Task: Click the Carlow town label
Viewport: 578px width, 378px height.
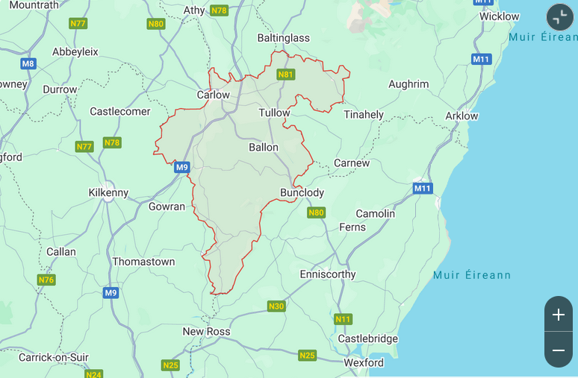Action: (213, 95)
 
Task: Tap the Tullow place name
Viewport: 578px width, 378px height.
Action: (273, 113)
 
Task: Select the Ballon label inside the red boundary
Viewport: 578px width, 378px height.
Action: (264, 148)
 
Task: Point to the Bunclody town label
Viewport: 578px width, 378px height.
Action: (302, 192)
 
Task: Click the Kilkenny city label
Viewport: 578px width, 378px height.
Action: (108, 192)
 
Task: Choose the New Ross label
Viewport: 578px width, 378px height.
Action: (206, 331)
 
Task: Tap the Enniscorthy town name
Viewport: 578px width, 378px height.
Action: (328, 274)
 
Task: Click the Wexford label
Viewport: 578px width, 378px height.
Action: (364, 362)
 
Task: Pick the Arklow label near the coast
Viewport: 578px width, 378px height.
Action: (462, 116)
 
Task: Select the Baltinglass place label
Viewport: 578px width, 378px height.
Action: (283, 37)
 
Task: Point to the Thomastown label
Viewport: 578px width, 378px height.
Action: (143, 262)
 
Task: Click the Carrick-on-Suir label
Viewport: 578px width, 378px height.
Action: (54, 357)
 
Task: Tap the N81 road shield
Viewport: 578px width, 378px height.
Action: (285, 75)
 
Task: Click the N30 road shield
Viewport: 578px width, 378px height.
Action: (276, 306)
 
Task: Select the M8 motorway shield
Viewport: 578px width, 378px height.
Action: (28, 63)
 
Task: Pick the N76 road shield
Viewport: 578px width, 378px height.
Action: (46, 280)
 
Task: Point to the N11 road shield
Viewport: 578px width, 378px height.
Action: (343, 319)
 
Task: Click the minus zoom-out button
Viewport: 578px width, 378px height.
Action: (558, 350)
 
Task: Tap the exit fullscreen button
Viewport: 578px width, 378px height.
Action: (559, 17)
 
